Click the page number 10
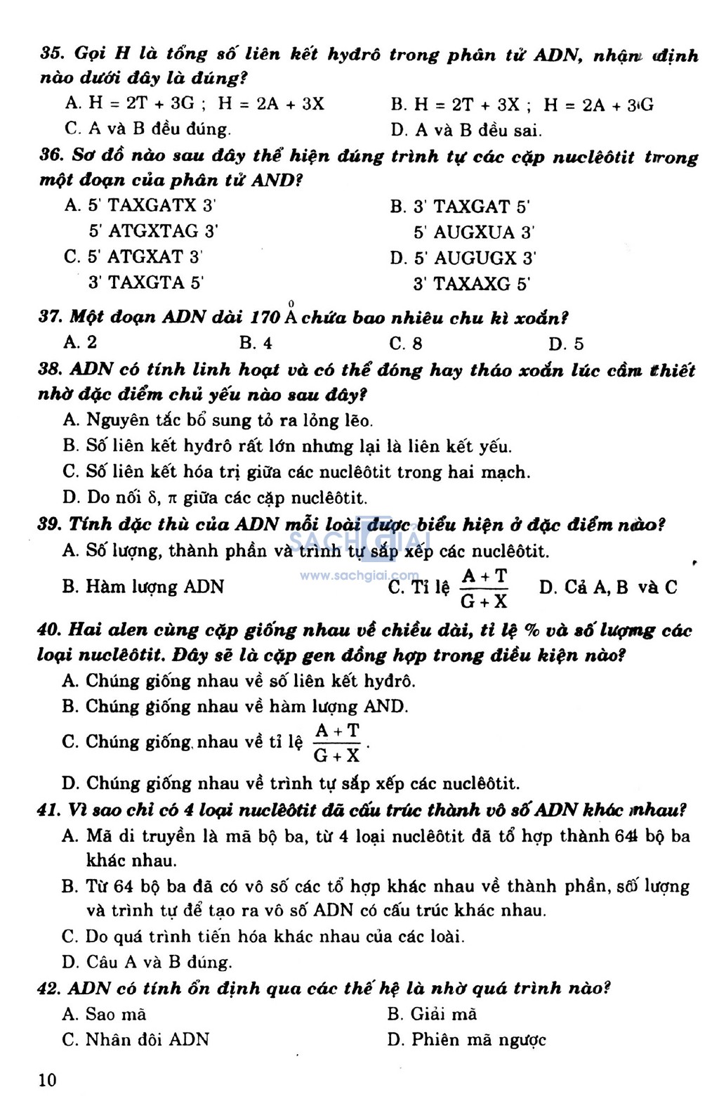(47, 1079)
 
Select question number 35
(51, 54)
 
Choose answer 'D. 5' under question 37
(566, 344)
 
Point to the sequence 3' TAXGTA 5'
(145, 282)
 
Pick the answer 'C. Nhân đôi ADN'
(136, 1039)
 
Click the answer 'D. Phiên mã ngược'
(466, 1039)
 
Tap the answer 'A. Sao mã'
(104, 1014)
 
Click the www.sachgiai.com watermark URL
(359, 575)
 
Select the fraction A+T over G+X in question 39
(484, 587)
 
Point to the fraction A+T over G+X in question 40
(337, 743)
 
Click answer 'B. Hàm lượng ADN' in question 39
(143, 587)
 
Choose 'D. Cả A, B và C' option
(608, 587)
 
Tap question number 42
(49, 989)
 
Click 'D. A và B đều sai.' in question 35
(466, 129)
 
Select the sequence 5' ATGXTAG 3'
(153, 231)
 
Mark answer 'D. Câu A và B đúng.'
(147, 962)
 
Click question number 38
(50, 370)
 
